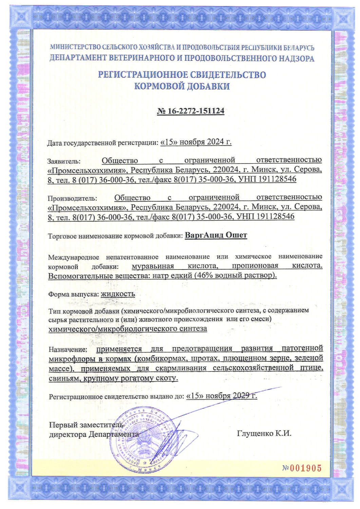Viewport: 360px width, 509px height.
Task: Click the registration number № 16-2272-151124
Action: point(190,111)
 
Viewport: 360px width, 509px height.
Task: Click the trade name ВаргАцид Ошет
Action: point(216,235)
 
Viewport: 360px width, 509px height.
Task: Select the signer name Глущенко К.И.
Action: point(264,433)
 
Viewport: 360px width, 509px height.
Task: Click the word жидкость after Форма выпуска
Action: point(118,294)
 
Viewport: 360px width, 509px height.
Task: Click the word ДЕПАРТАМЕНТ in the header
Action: point(78,58)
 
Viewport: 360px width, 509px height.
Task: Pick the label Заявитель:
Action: point(64,161)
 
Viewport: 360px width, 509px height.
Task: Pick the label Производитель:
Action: point(72,198)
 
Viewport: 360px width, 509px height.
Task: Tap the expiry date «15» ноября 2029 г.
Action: point(222,396)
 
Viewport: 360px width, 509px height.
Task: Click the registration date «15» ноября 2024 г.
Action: point(196,142)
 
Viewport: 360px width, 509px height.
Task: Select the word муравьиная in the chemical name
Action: point(153,266)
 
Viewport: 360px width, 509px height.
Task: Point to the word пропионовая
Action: point(255,266)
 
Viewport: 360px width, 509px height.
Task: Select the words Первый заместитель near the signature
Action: point(86,425)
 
